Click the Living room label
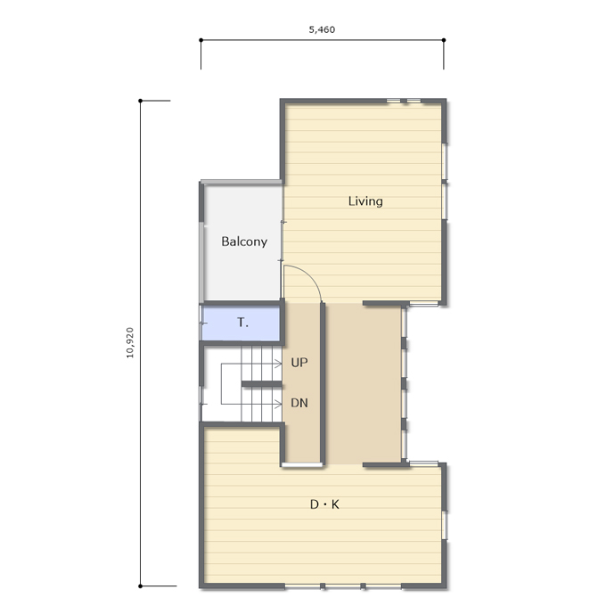(365, 201)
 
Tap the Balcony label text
(244, 242)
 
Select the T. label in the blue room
(242, 323)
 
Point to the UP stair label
(299, 363)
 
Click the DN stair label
(299, 403)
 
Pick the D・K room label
(324, 504)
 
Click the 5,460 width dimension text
(322, 29)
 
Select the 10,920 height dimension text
(130, 343)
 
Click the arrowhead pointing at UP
(278, 364)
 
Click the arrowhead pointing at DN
(278, 405)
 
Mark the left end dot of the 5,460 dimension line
(201, 40)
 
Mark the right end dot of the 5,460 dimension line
(444, 40)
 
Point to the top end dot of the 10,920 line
(140, 101)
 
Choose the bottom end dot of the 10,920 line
(140, 586)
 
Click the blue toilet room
(241, 323)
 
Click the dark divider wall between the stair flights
(262, 384)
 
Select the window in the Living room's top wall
(404, 102)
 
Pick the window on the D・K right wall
(445, 525)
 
